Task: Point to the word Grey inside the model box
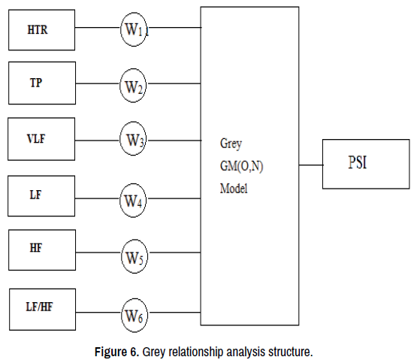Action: click(x=231, y=144)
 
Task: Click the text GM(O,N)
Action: click(x=241, y=166)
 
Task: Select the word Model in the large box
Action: click(x=234, y=189)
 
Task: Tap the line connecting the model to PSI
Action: click(x=311, y=165)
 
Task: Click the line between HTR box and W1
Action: click(x=98, y=27)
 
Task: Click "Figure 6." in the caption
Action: click(x=116, y=352)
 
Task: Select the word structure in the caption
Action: click(x=291, y=352)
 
